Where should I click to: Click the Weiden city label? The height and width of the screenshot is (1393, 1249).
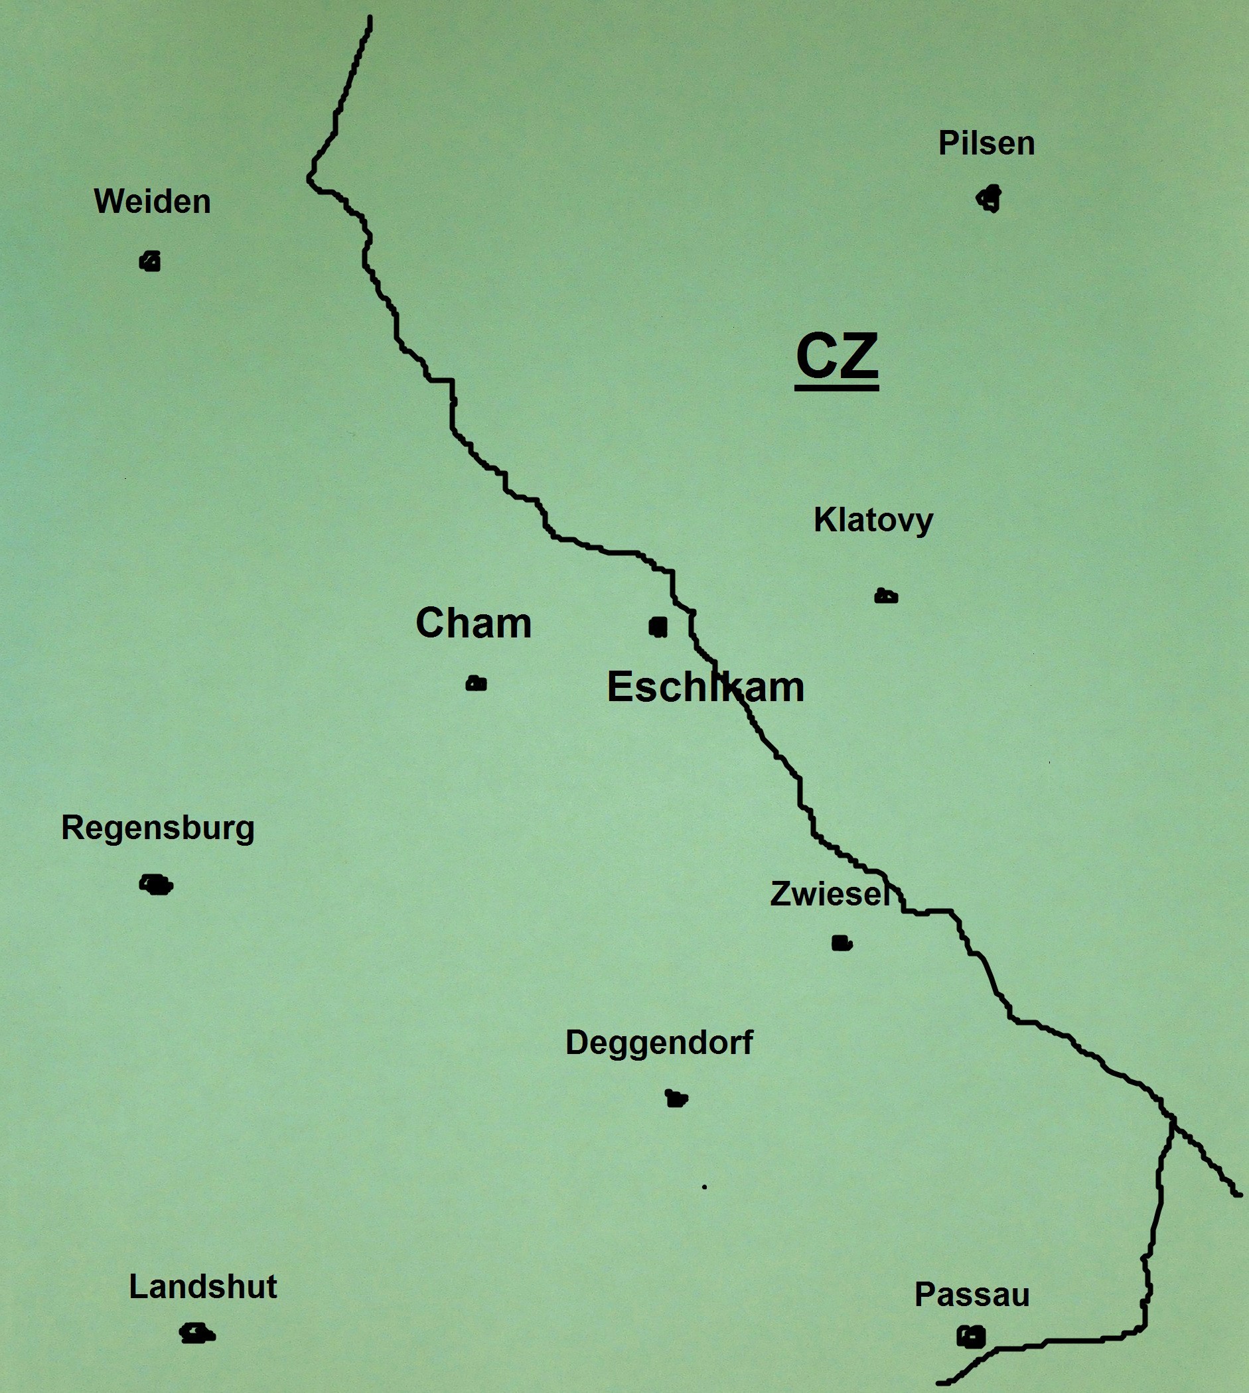(x=153, y=202)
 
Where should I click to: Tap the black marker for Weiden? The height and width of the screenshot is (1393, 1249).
(x=150, y=261)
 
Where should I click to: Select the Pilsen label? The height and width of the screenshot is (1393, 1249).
(x=986, y=143)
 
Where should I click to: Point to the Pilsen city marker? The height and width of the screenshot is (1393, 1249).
(x=990, y=199)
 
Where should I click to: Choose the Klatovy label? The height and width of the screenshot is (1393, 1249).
(x=873, y=520)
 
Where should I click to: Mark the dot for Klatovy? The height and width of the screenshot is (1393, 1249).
(x=886, y=596)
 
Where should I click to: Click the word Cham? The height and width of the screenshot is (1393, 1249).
(x=474, y=624)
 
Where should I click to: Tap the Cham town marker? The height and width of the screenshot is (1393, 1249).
(x=477, y=683)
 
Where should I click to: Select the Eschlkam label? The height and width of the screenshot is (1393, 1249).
(x=705, y=687)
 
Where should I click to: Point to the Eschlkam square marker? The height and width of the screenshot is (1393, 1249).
(x=658, y=626)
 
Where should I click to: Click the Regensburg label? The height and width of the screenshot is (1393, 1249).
(x=158, y=828)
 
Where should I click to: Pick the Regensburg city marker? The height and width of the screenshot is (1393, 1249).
(x=157, y=885)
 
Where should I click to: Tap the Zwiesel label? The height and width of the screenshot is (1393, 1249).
(x=829, y=894)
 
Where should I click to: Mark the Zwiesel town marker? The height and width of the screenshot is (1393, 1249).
(x=842, y=943)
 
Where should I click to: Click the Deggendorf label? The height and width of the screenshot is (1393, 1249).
(x=659, y=1043)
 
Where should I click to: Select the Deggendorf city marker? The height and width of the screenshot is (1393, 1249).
(x=677, y=1098)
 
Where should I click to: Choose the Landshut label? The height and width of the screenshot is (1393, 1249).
(x=203, y=1287)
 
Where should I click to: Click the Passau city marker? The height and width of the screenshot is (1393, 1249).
(x=971, y=1336)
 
